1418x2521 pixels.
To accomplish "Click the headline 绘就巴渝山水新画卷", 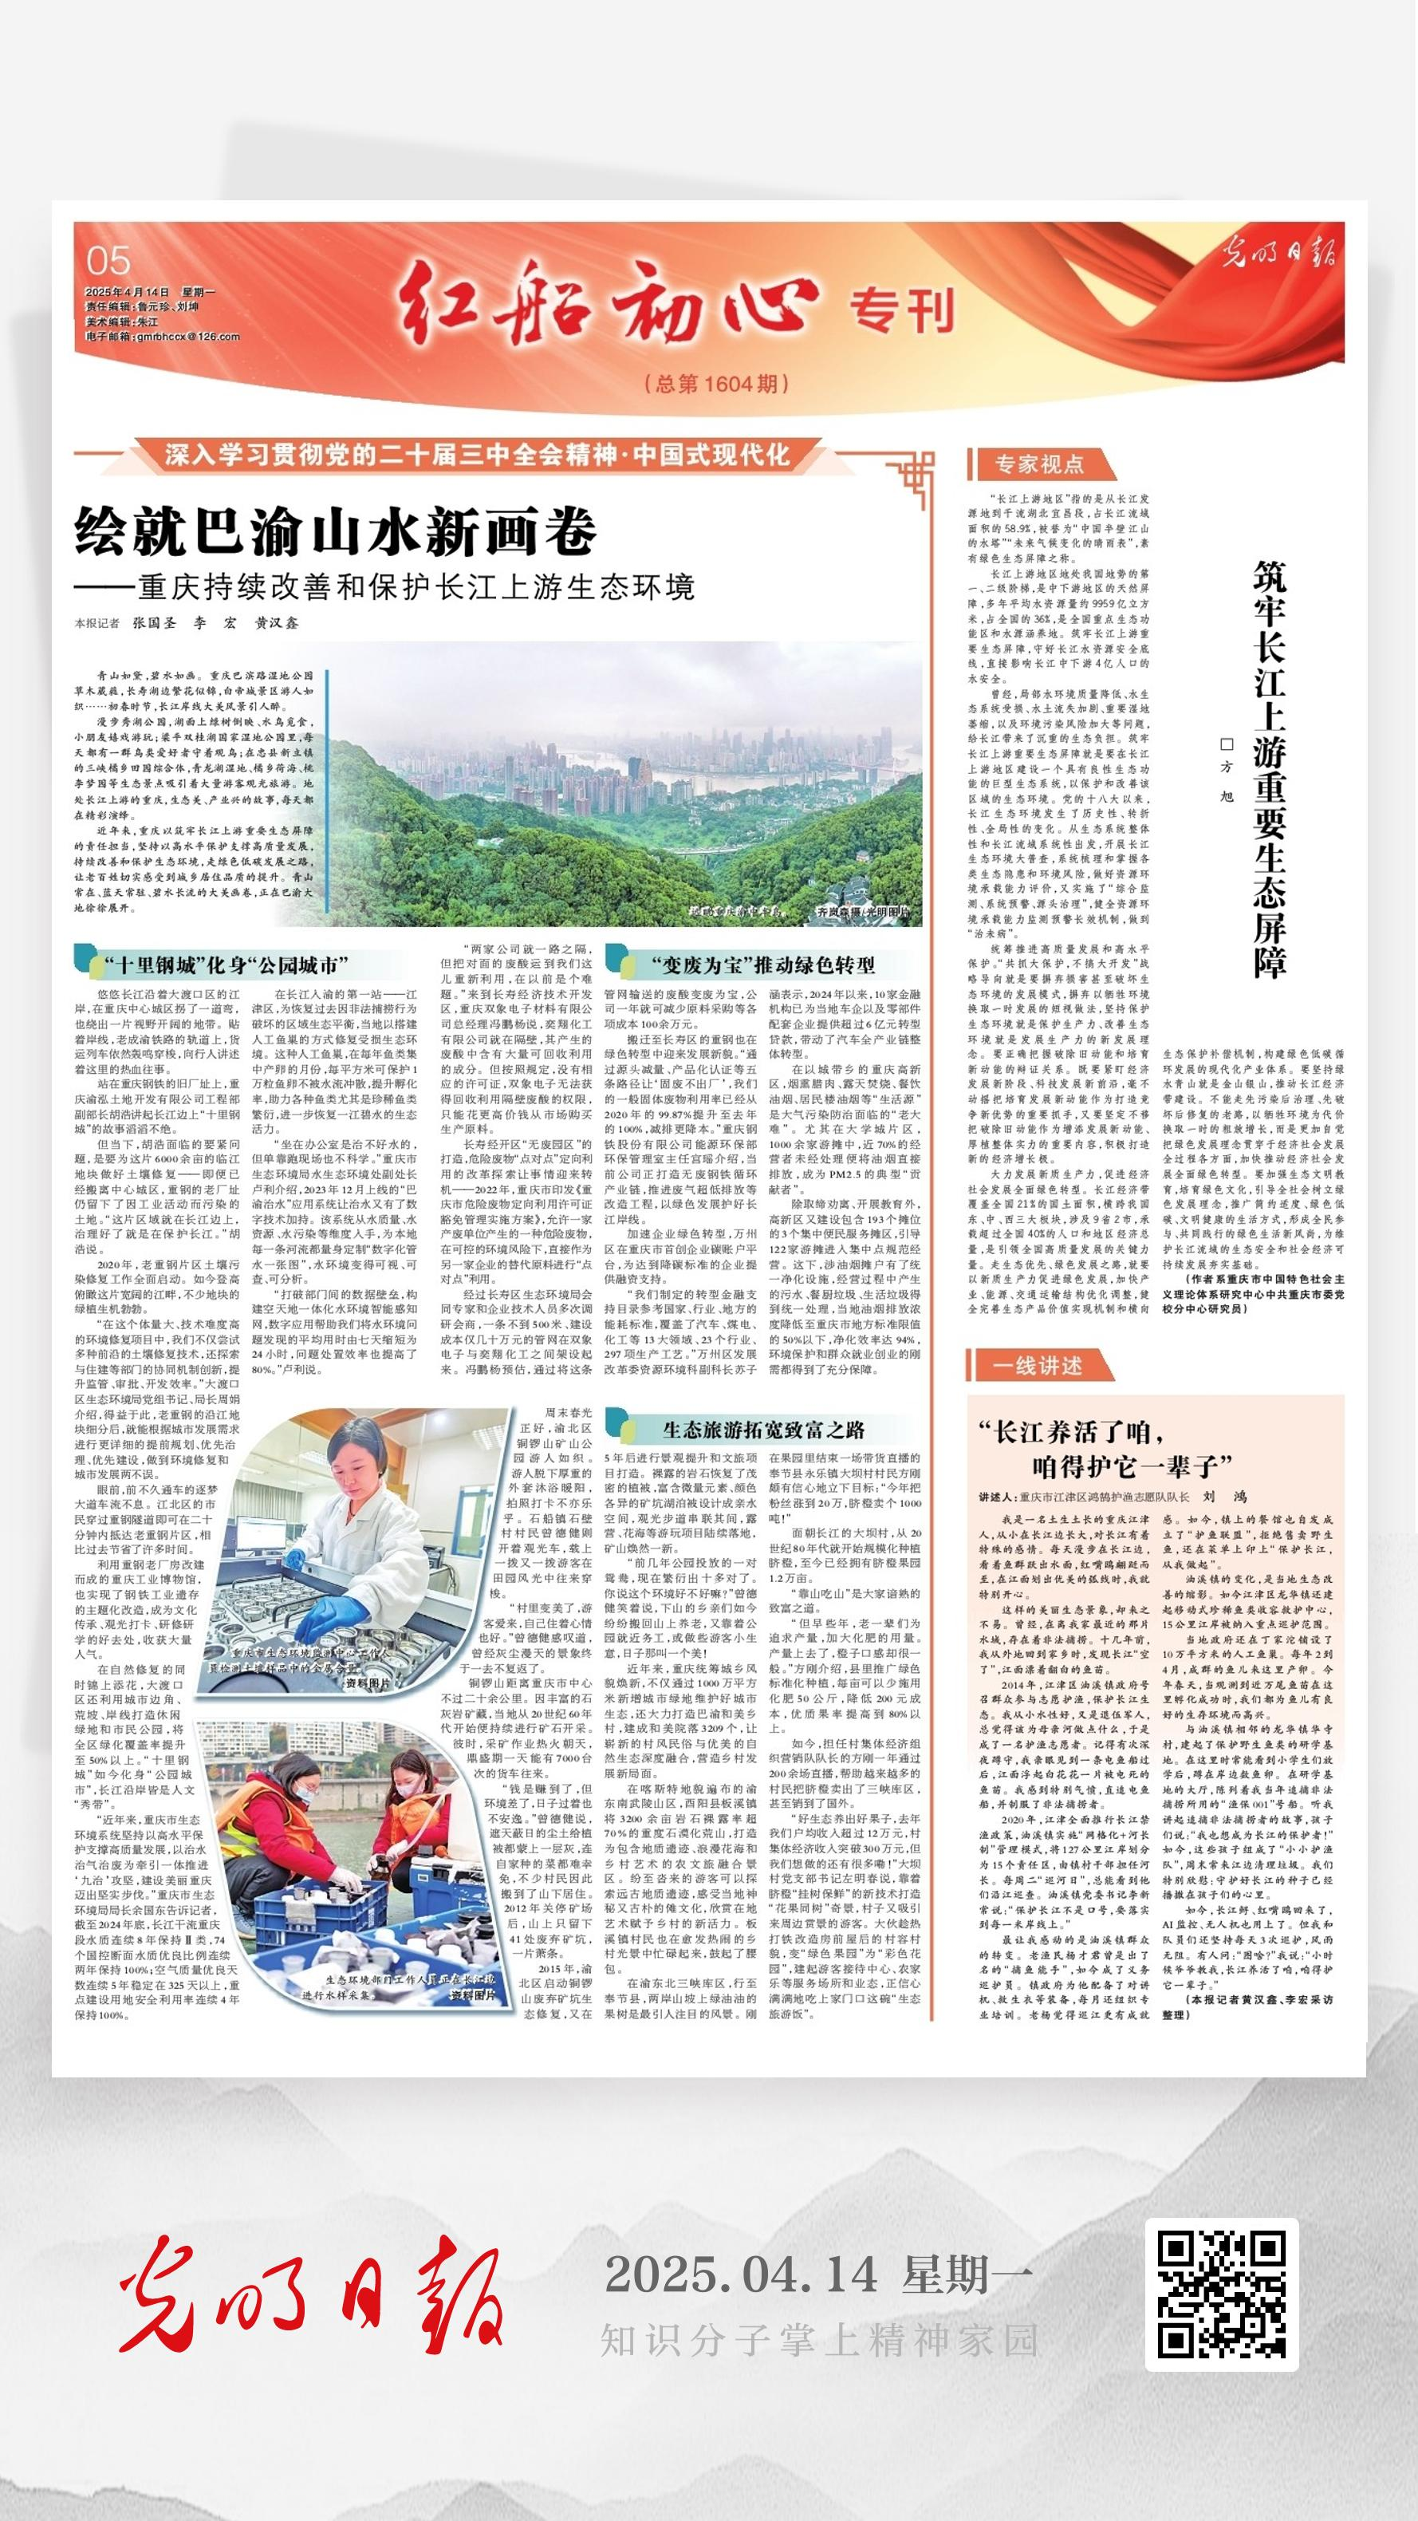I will tap(336, 532).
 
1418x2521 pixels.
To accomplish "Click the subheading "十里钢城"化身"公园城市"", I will tap(227, 966).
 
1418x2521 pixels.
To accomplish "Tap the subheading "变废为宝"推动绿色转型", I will tap(763, 966).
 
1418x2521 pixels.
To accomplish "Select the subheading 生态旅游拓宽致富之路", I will tap(763, 1430).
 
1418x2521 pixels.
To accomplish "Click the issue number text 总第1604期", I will tap(717, 384).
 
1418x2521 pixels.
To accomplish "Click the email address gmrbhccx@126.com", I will tap(163, 337).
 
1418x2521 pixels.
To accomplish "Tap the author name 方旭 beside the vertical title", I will tap(1226, 769).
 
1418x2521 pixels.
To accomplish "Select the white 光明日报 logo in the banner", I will tap(1280, 252).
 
